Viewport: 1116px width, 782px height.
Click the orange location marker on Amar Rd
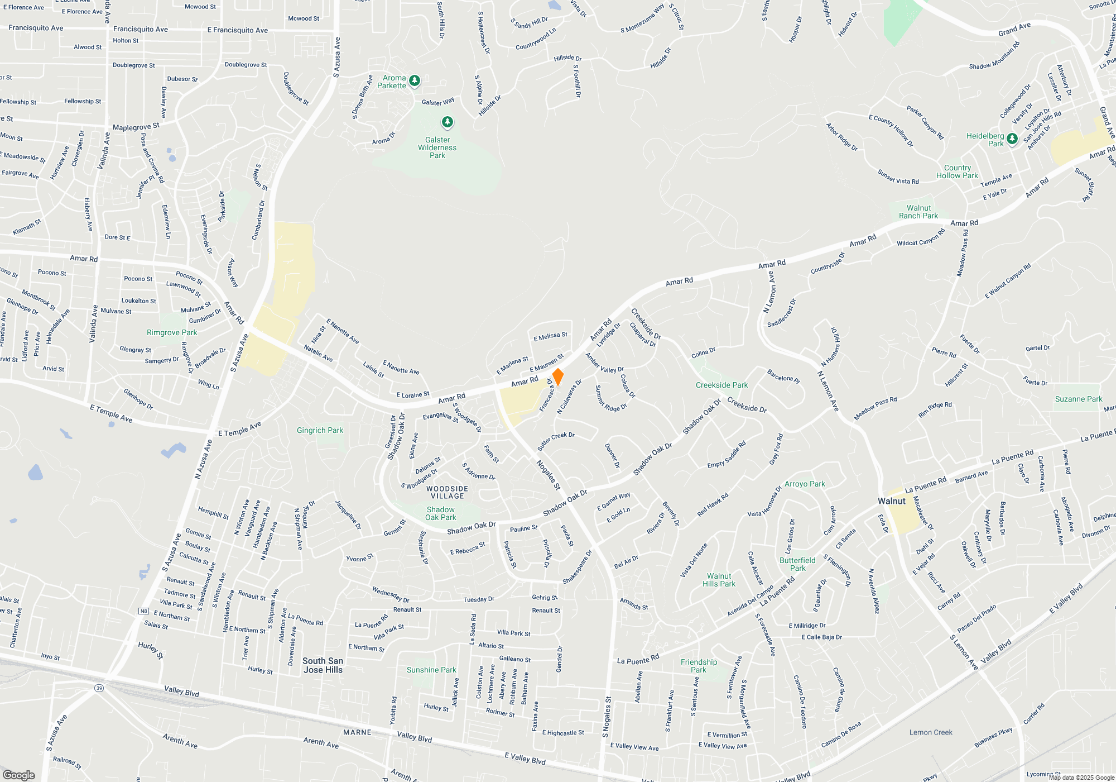(557, 376)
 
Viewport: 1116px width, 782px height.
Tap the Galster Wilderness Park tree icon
(447, 122)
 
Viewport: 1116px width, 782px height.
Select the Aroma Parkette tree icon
(415, 81)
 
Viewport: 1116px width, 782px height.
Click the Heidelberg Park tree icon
(1012, 139)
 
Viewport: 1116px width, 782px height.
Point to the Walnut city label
(891, 501)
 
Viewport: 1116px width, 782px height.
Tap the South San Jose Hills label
(323, 665)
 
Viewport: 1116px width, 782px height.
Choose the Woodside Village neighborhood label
(447, 492)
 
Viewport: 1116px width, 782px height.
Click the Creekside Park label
(721, 385)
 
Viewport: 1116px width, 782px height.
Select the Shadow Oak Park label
(440, 513)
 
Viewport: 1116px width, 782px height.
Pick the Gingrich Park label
(320, 430)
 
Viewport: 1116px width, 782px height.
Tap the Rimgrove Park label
(172, 332)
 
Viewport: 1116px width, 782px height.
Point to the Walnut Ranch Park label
(918, 212)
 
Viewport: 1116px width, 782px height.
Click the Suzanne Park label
(1079, 399)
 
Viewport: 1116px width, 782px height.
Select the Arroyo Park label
(805, 484)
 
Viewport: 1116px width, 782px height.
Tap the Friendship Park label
(699, 666)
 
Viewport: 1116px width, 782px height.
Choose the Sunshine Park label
(431, 670)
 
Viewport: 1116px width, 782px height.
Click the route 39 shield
(99, 688)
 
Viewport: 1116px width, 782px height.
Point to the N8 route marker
(144, 611)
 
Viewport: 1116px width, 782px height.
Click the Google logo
(19, 775)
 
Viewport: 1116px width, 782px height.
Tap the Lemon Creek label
(931, 732)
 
